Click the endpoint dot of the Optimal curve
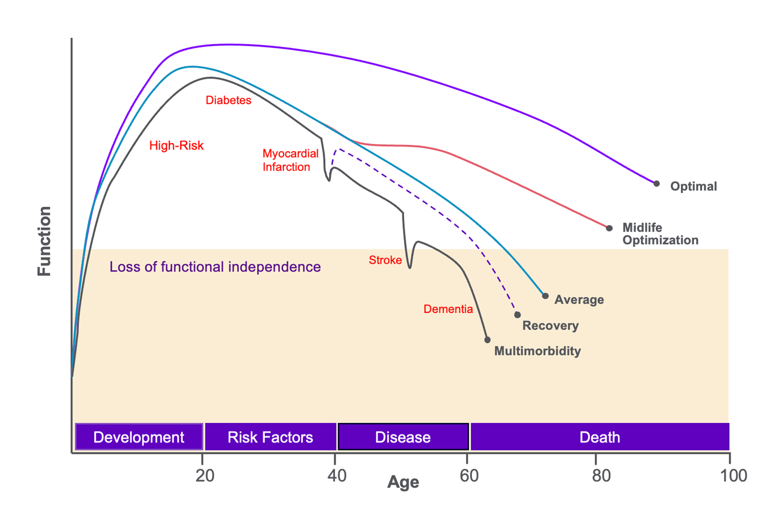[x=656, y=183]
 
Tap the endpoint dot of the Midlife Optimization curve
[x=609, y=228]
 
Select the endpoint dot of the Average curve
[x=545, y=296]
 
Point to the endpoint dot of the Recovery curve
[x=517, y=315]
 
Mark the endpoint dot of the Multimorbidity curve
[x=487, y=340]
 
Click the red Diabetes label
[x=228, y=100]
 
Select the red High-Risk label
[x=176, y=145]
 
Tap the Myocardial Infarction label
[x=290, y=160]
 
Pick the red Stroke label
[x=385, y=260]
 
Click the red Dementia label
[x=448, y=309]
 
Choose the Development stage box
[x=139, y=437]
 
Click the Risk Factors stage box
[x=270, y=437]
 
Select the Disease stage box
[x=403, y=437]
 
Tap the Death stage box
[x=600, y=437]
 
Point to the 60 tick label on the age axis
[x=469, y=475]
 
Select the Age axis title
[x=403, y=482]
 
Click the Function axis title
[x=44, y=241]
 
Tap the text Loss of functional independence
[x=215, y=267]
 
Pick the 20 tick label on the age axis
[x=205, y=475]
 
